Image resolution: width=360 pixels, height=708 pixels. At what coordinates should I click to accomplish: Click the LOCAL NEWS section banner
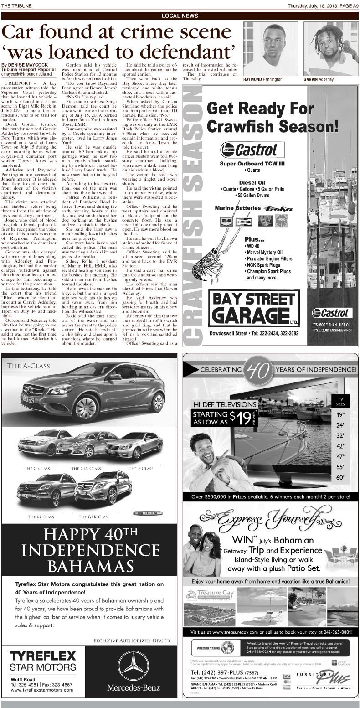(x=180, y=16)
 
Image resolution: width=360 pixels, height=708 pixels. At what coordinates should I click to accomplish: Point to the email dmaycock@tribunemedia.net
(x=26, y=73)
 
